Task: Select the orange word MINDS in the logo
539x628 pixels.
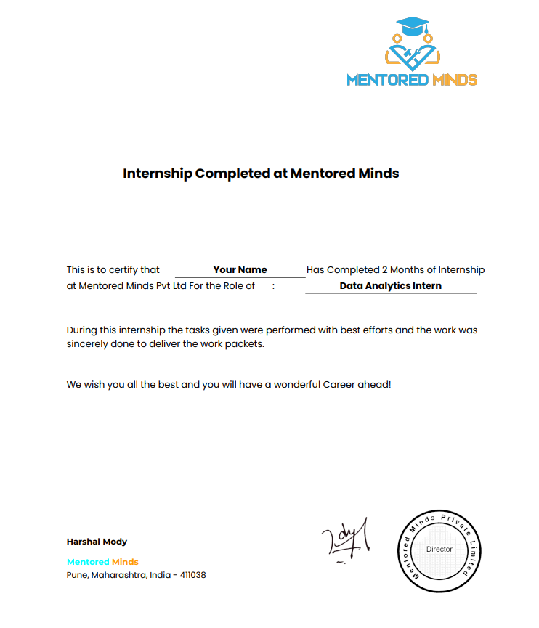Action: (453, 80)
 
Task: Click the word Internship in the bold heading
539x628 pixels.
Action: (157, 174)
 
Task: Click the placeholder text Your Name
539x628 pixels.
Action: (240, 270)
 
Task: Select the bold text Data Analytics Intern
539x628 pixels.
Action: (390, 286)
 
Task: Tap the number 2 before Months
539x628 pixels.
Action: (385, 270)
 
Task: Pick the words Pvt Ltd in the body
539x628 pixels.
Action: (171, 286)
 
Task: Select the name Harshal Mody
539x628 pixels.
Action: (97, 542)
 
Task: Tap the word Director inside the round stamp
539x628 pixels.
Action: (439, 550)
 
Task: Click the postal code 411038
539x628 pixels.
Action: (190, 575)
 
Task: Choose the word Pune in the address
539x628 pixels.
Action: (76, 575)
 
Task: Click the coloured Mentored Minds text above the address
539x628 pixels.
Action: (102, 562)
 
